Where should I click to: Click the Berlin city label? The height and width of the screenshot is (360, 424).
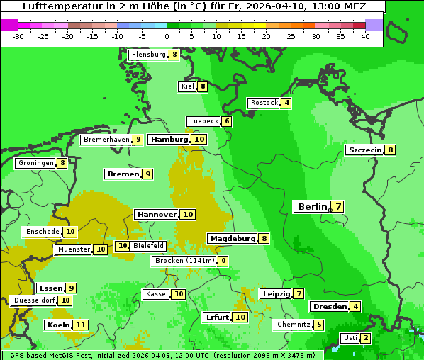tap(312, 207)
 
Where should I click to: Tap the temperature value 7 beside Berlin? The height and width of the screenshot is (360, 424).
tap(338, 207)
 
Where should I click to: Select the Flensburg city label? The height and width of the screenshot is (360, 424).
tap(148, 55)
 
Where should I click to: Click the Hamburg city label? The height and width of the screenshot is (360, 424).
tap(169, 140)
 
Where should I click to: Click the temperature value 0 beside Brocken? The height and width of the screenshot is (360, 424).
tap(223, 261)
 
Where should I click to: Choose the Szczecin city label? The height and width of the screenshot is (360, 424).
tap(364, 150)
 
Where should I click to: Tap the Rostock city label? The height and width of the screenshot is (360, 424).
tap(264, 103)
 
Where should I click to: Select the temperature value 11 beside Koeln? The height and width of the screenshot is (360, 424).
tap(81, 325)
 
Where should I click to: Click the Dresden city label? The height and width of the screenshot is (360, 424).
tap(329, 307)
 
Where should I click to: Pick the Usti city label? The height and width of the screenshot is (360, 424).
tap(350, 338)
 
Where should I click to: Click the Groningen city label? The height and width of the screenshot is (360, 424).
tap(36, 163)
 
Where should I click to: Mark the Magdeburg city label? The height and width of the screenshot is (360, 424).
tap(232, 239)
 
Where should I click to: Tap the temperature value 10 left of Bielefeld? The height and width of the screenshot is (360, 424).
tap(123, 246)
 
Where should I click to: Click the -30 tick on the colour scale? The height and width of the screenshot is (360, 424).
tap(18, 36)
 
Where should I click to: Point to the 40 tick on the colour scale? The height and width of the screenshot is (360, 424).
tap(365, 36)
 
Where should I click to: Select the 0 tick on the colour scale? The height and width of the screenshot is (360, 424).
tap(167, 36)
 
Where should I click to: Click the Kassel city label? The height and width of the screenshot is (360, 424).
tap(156, 294)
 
